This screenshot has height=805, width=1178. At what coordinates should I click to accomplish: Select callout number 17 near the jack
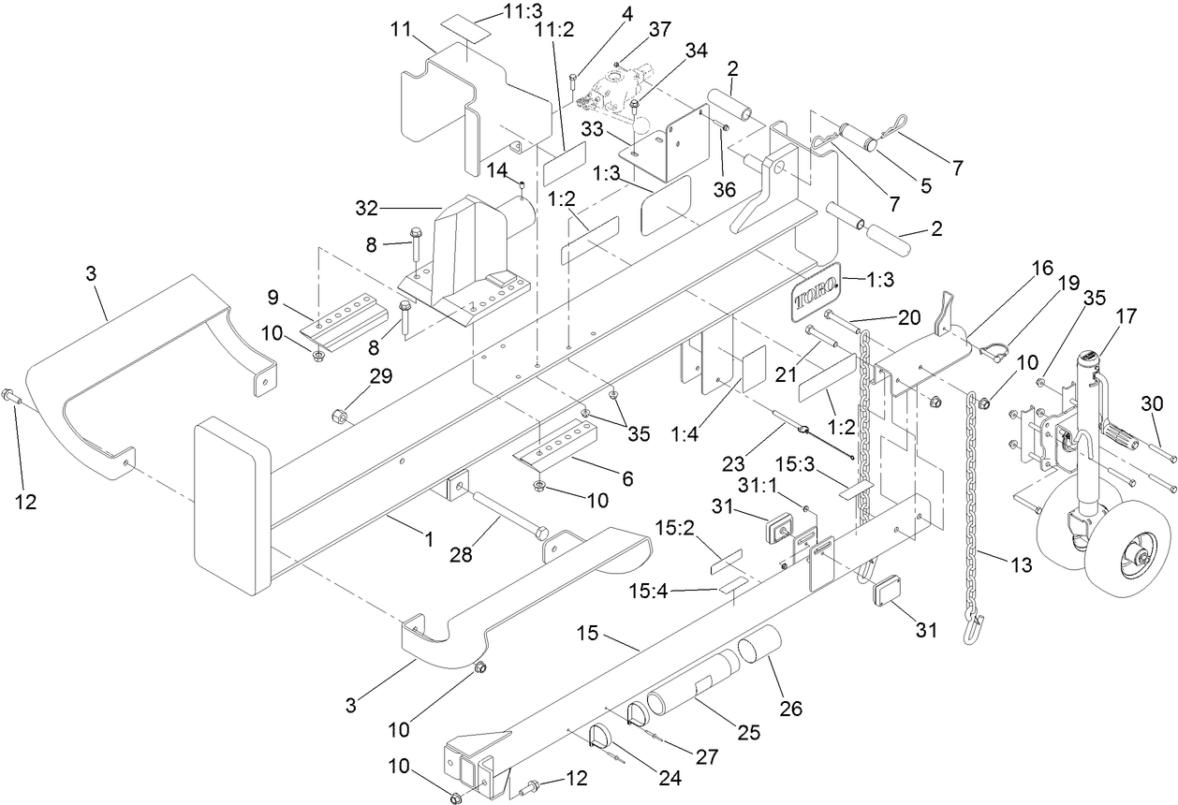coord(1126,317)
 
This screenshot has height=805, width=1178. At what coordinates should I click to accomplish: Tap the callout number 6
coord(626,478)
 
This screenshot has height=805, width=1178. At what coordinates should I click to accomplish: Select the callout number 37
coord(660,31)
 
